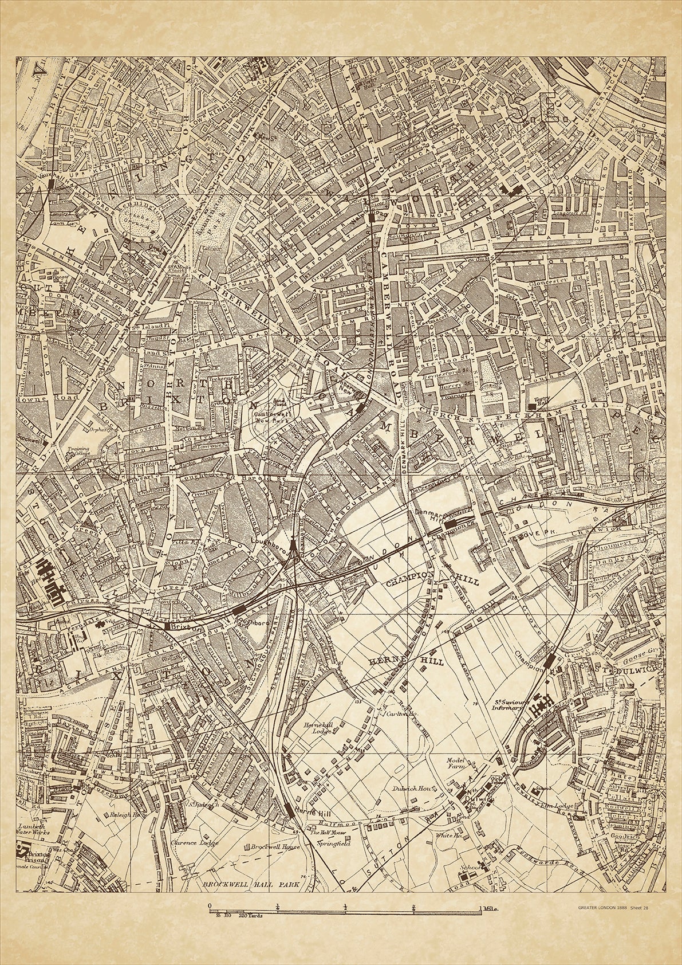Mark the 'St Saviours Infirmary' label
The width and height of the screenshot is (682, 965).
502,704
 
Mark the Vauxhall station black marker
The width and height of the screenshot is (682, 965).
52,183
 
